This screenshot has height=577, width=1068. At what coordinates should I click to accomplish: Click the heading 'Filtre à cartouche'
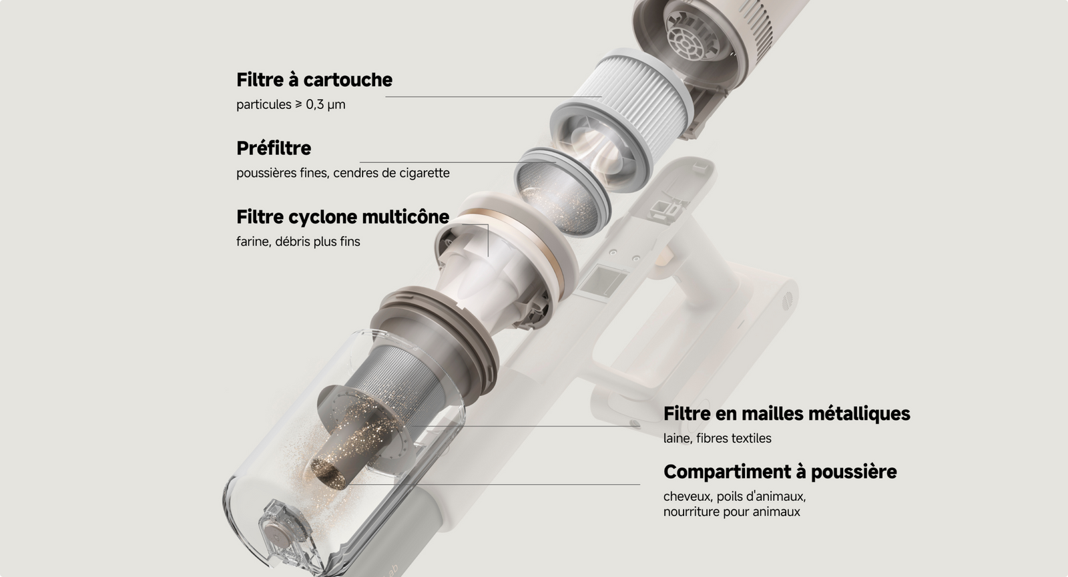314,79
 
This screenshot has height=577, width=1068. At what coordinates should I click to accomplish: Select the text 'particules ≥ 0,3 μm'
291,104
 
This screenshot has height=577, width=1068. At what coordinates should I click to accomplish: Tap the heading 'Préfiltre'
274,148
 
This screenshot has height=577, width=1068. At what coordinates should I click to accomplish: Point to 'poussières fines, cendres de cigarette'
343,172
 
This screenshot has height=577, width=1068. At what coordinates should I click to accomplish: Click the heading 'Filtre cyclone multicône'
343,217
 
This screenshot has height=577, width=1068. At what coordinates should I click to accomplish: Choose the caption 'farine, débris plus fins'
298,241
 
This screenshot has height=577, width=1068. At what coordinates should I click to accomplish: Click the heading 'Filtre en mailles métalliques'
787,413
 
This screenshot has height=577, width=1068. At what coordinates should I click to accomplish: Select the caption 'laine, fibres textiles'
717,438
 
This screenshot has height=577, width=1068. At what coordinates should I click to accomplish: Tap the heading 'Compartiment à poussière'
780,471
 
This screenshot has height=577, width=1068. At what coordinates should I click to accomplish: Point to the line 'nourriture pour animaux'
732,512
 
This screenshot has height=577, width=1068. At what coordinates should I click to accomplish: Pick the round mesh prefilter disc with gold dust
561,193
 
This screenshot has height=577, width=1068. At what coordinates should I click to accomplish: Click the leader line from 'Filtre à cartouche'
493,97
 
